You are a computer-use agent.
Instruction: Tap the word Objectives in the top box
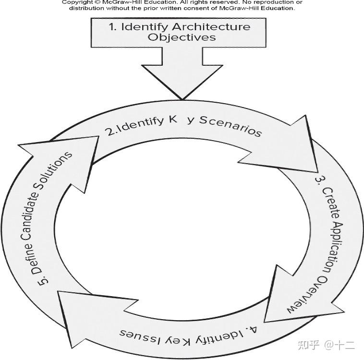(182, 37)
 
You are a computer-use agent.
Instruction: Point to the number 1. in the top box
(113, 26)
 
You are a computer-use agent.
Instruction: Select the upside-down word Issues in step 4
(137, 333)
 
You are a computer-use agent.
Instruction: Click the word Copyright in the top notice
(77, 2)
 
